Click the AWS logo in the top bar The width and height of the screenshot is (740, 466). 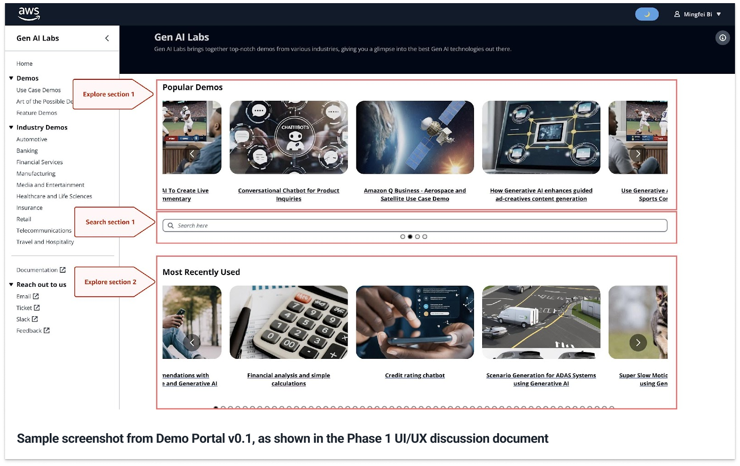29,14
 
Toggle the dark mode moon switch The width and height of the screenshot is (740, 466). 646,14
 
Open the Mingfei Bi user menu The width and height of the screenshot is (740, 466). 698,14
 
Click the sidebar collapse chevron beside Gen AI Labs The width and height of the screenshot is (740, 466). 107,38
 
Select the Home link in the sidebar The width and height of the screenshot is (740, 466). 25,64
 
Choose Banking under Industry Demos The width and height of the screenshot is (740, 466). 27,151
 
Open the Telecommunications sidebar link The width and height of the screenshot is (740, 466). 44,231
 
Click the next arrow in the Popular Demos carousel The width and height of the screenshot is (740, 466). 638,154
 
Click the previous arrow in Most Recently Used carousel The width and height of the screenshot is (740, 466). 192,342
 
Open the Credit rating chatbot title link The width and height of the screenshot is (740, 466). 415,376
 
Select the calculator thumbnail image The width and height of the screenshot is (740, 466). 288,322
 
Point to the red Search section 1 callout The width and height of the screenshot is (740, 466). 110,222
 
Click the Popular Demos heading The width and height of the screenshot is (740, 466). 193,88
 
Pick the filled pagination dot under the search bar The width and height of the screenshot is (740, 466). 410,237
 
